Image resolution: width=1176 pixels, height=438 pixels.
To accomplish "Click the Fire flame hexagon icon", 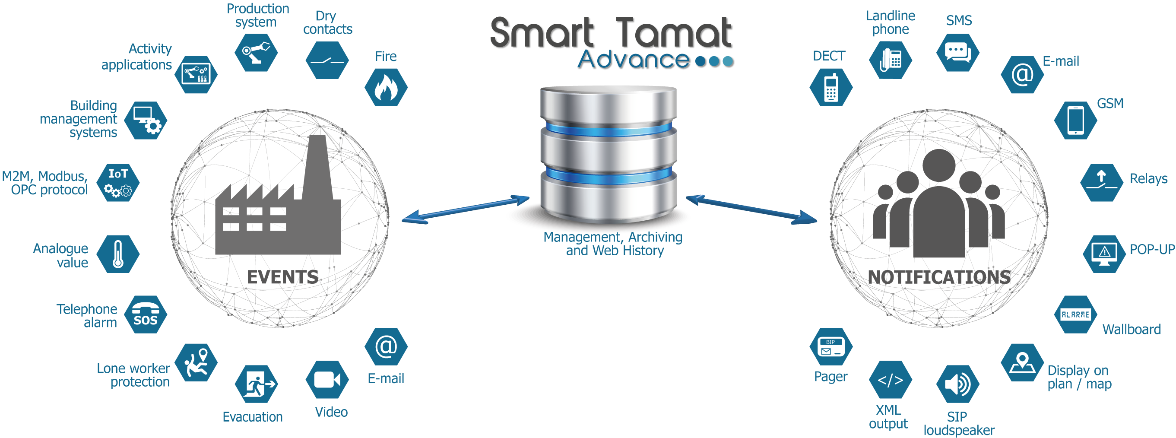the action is point(386,87).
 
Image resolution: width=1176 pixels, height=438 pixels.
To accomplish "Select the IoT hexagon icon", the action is point(118,183).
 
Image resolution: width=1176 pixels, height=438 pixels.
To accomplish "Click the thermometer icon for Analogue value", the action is point(118,254).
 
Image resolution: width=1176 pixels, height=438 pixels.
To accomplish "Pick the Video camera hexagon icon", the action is point(327,380).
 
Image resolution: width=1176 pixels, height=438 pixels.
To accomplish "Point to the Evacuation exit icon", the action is point(256,384).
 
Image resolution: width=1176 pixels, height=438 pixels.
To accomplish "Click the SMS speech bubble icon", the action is point(958,53).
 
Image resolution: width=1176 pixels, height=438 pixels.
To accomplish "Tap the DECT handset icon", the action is point(831,87).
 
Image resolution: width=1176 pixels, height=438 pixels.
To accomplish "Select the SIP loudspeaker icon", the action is point(958,384).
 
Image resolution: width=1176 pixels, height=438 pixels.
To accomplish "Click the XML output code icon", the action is point(890,380).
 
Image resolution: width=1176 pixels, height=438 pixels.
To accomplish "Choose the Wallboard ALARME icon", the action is point(1075,314).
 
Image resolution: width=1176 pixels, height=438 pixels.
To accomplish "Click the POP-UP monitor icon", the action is point(1104,254).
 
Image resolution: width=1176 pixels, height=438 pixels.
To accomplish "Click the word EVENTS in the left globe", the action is point(282,277).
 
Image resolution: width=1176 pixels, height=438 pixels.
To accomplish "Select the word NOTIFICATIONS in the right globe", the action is point(939,277).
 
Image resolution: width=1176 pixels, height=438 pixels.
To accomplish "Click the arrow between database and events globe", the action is point(466,209).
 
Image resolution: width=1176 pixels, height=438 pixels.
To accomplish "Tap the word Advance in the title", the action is point(634,59).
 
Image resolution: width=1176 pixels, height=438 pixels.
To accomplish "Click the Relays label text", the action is point(1148,178).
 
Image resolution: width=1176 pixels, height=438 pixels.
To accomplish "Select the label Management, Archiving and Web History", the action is point(613,244).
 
